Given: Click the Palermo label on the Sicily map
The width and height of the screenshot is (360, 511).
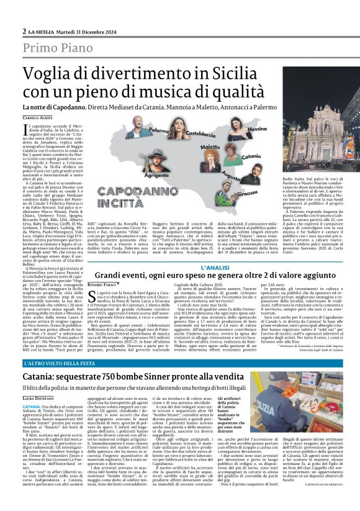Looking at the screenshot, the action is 141,131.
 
